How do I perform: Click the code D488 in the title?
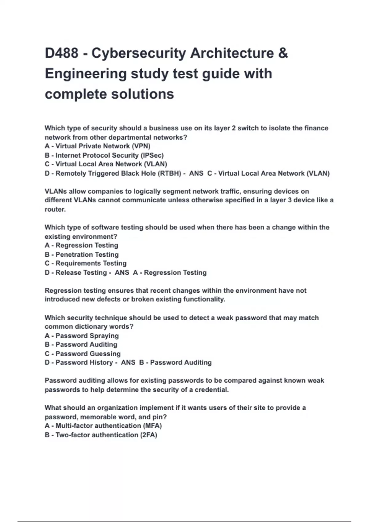61,53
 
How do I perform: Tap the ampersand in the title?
283,53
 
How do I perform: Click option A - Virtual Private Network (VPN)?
97,146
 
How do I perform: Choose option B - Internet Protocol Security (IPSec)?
104,155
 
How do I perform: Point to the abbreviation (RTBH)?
169,173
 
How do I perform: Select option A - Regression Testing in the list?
81,245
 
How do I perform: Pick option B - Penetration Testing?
81,255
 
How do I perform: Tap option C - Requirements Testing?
85,263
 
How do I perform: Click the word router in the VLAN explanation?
55,209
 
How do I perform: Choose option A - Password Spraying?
81,336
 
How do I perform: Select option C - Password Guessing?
82,354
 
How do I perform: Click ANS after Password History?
128,363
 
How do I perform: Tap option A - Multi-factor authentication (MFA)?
103,426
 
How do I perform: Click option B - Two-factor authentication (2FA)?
101,435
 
